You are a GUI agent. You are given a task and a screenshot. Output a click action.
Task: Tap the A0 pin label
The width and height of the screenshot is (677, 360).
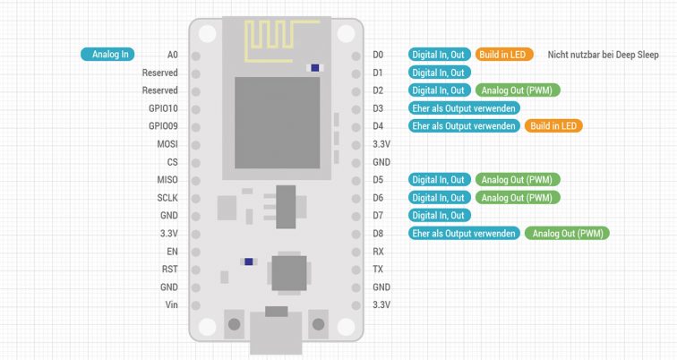[x=172, y=55]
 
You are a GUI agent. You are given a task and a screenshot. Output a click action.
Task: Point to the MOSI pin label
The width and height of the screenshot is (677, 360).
[x=167, y=144]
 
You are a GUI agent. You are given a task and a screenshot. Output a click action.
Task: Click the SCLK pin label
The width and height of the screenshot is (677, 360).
[x=167, y=198]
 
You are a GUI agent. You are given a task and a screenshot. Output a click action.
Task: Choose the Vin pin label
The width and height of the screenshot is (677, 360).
[x=170, y=305]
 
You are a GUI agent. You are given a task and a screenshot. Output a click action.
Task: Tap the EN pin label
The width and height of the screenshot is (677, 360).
[x=172, y=252]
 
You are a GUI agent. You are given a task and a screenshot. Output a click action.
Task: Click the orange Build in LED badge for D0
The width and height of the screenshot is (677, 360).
[x=504, y=55]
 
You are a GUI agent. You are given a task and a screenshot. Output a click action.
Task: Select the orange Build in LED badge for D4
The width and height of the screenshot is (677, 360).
[x=553, y=126]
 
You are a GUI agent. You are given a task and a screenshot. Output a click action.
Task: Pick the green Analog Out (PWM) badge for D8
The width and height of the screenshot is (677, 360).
[x=568, y=234]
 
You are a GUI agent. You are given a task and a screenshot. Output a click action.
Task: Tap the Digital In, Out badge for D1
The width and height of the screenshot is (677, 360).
[x=439, y=73]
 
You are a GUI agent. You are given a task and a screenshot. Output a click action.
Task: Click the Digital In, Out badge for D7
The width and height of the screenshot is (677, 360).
[x=439, y=216]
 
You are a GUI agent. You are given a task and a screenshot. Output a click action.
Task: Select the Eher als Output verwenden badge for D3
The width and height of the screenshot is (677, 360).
[x=463, y=108]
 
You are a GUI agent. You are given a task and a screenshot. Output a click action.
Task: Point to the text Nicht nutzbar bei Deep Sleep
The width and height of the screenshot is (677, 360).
[x=603, y=55]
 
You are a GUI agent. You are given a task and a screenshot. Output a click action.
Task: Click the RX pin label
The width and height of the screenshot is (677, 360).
[x=379, y=252]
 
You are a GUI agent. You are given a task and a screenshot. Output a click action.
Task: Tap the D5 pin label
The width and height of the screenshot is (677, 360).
[x=379, y=180]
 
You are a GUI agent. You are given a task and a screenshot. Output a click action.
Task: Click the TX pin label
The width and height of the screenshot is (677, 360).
[x=379, y=270]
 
